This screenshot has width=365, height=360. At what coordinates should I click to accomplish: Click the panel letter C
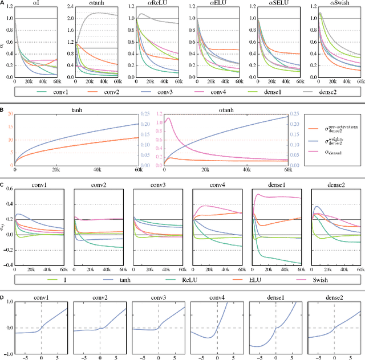3,184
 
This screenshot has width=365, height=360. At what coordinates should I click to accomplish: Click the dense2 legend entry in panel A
336,91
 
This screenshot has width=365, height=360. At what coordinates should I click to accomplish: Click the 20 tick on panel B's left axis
9,114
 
